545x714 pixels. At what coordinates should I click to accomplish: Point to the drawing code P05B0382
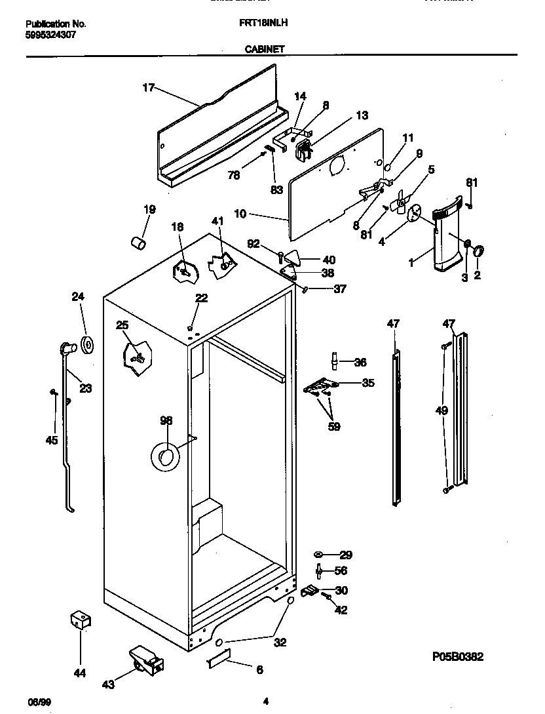[x=458, y=657]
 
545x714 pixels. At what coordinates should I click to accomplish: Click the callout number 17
[x=149, y=87]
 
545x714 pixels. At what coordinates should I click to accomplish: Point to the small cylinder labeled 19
[x=138, y=243]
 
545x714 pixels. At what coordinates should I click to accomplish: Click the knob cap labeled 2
[x=478, y=250]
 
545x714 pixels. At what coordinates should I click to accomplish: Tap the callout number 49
[x=442, y=411]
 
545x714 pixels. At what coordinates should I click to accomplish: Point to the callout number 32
[x=280, y=642]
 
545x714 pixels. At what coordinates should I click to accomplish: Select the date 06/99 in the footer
[x=39, y=702]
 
